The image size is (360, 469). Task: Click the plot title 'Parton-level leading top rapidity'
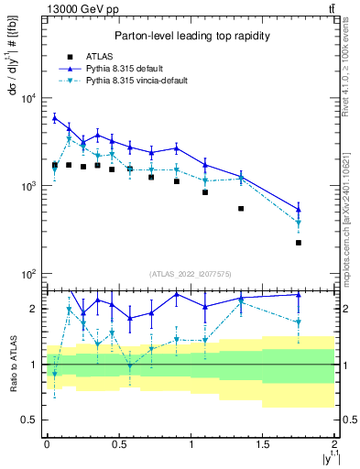(191, 36)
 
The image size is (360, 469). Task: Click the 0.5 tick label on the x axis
(118, 443)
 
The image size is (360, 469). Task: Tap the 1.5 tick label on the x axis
(262, 443)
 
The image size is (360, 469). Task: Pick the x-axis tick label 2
(334, 443)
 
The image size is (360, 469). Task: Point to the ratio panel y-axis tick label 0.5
(30, 420)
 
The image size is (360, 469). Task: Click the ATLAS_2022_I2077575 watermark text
(191, 274)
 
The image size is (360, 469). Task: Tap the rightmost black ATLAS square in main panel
(299, 243)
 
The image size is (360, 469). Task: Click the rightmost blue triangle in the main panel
(299, 209)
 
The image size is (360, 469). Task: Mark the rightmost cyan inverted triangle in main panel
(299, 224)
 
